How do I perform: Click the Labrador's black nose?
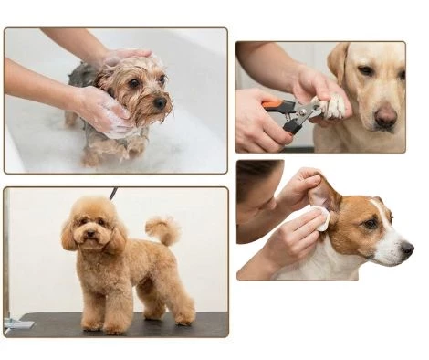click(x=387, y=116)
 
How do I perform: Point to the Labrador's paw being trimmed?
click(x=334, y=108)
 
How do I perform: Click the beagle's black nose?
click(x=408, y=249)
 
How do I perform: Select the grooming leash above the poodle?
click(x=113, y=193)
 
